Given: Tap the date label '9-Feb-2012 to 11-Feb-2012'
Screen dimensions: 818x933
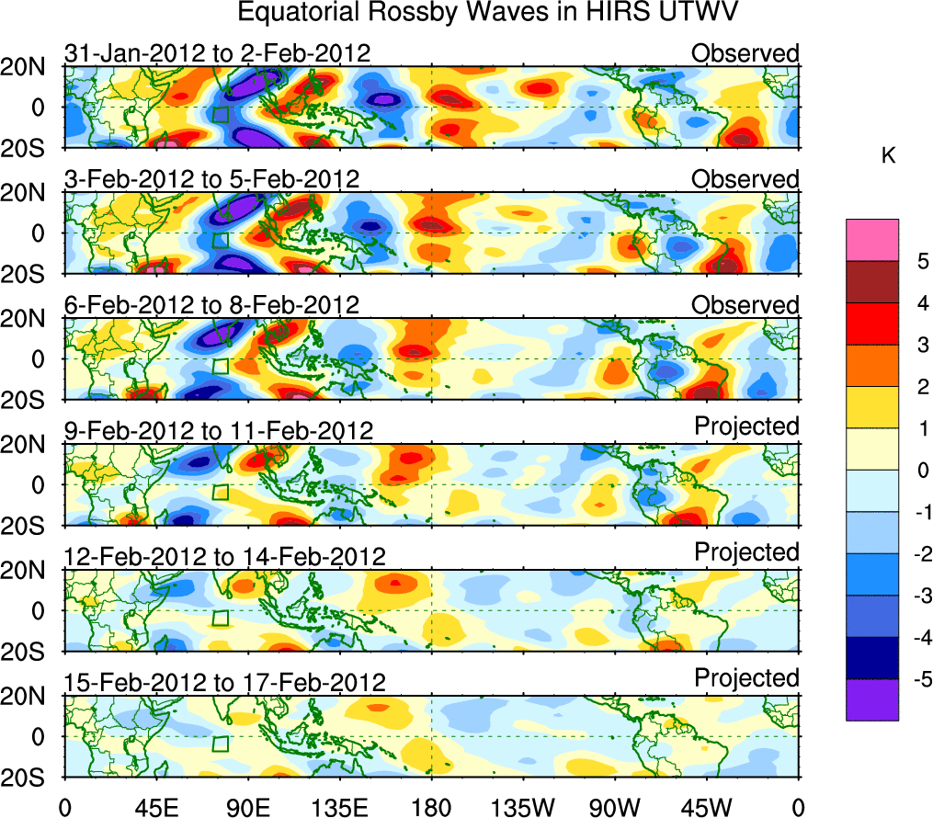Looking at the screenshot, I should (x=218, y=430).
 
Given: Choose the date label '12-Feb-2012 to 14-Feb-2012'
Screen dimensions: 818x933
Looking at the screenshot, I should (x=224, y=556).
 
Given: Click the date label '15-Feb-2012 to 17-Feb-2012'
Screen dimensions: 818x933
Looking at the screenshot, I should (x=224, y=682).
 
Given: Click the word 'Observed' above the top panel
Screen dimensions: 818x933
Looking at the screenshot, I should (x=745, y=53).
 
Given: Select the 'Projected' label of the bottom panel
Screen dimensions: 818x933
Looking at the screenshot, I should (x=746, y=678).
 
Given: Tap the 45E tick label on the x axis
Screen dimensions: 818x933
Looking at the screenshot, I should (x=155, y=806).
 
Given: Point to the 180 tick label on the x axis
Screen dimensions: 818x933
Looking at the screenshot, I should (x=431, y=806).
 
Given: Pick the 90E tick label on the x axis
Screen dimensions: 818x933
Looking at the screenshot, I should (x=247, y=806).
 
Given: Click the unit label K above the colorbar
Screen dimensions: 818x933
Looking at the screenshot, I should (x=888, y=156).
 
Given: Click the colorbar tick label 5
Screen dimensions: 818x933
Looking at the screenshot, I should (x=920, y=261).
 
